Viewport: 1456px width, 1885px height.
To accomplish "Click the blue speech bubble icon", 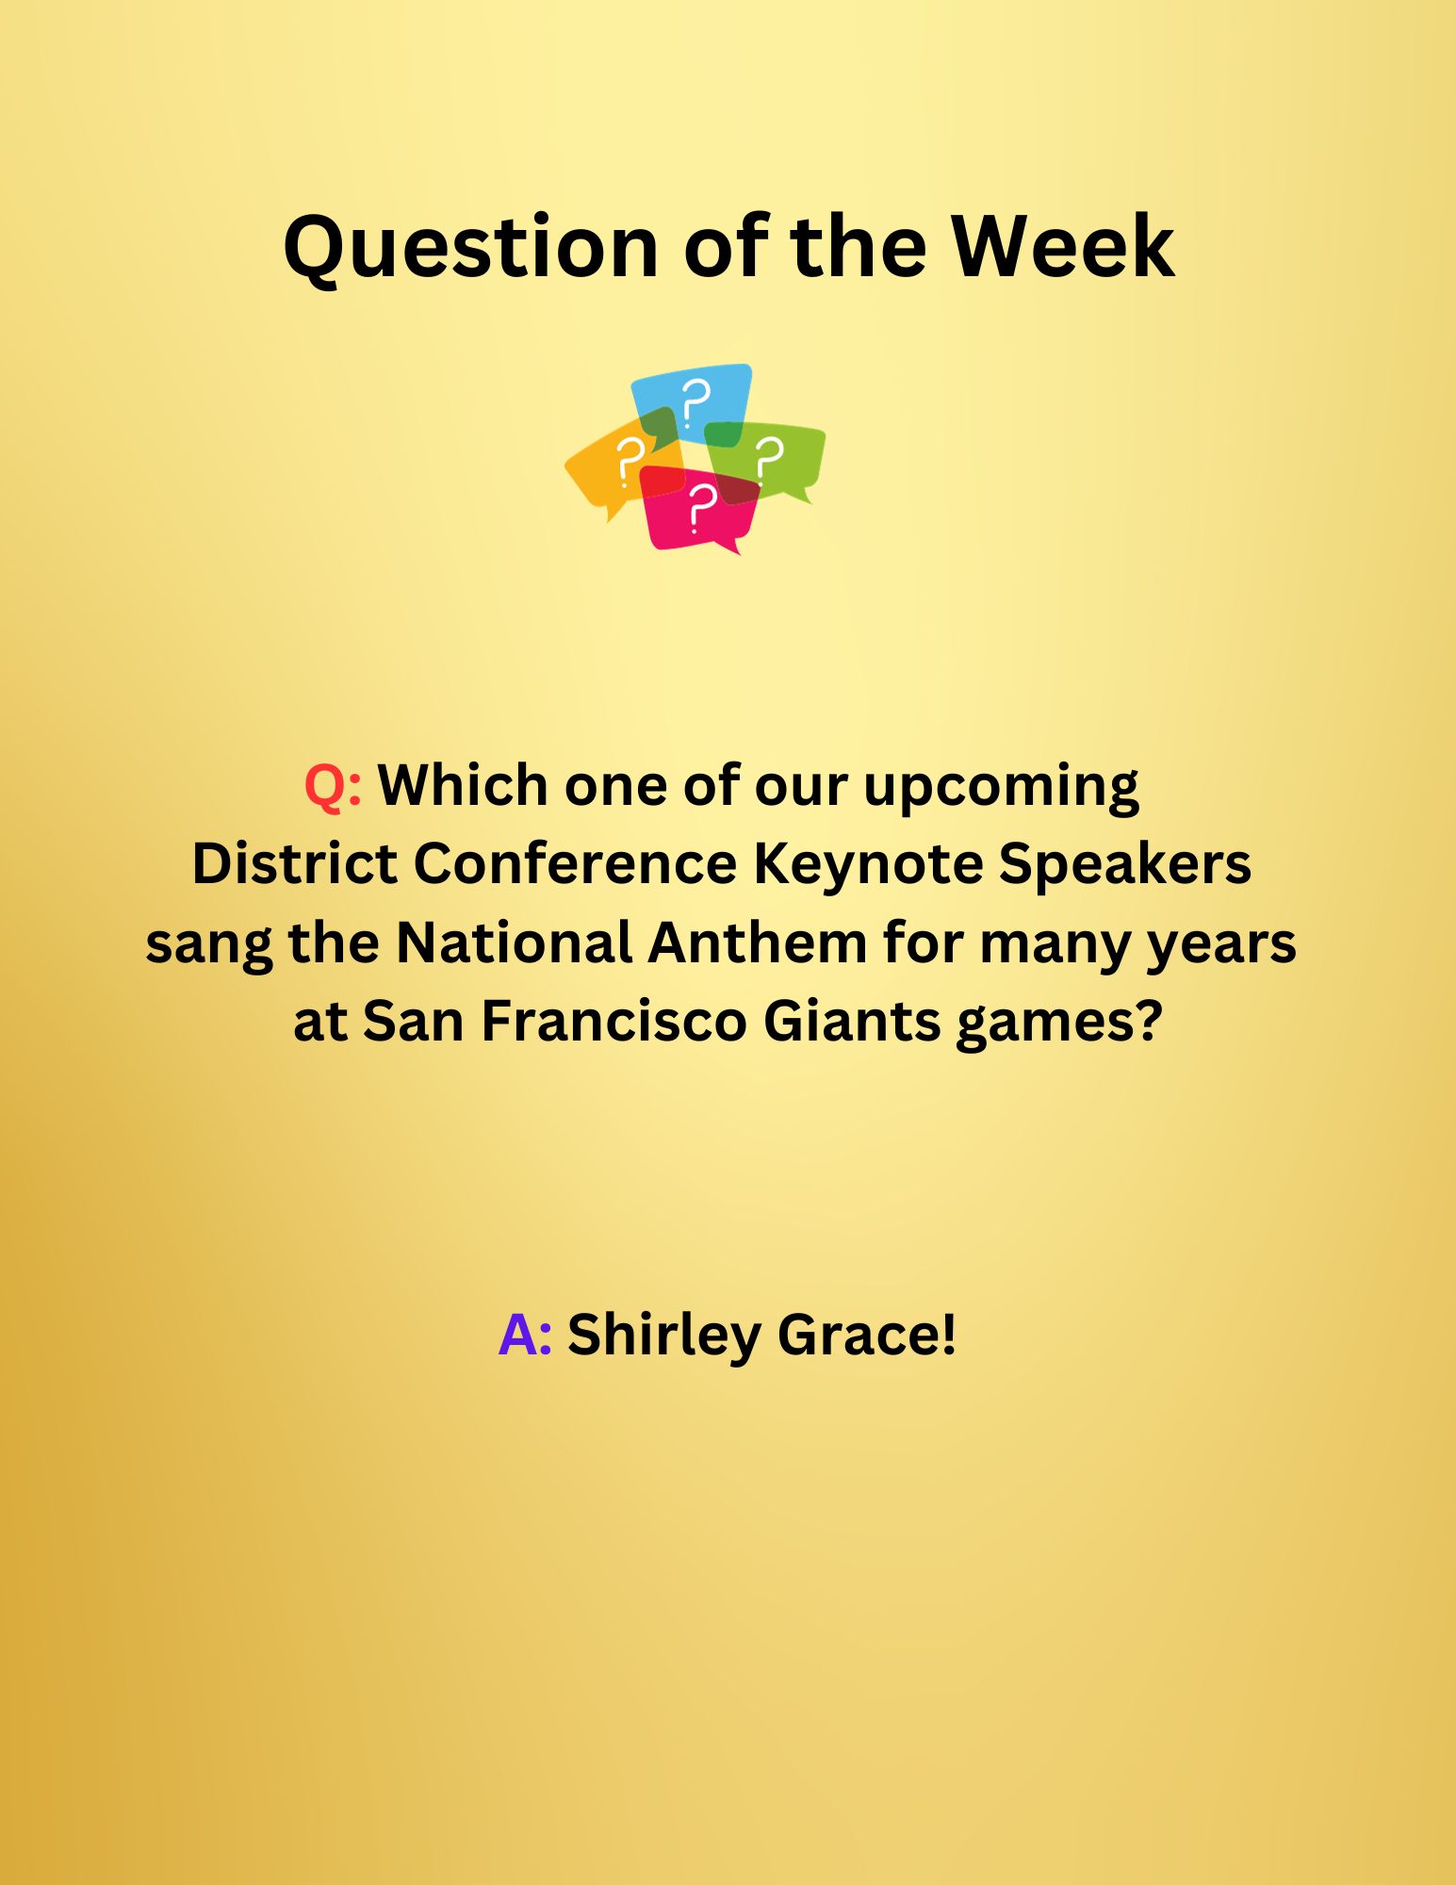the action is click(693, 403).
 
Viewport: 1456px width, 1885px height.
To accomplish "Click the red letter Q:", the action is click(333, 786).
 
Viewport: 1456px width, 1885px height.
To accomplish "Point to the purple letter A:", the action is click(525, 1335).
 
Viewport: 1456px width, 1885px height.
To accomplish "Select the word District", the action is click(294, 863).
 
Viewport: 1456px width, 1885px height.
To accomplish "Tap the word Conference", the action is click(575, 863).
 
